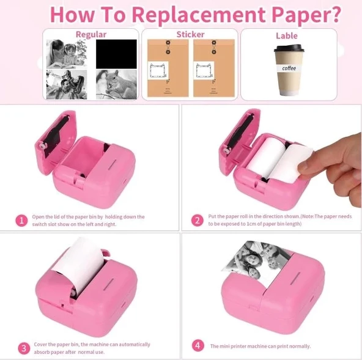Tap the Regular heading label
91,35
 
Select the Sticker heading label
190,34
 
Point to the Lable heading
287,36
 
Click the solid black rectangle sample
116,54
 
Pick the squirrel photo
116,85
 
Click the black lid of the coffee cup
289,48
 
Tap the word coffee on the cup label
289,68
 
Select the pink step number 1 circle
21,221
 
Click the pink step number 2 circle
198,221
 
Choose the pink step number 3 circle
24,348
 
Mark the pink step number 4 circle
198,346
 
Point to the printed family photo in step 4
257,263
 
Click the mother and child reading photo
67,54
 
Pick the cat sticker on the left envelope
158,71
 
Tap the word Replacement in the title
199,15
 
